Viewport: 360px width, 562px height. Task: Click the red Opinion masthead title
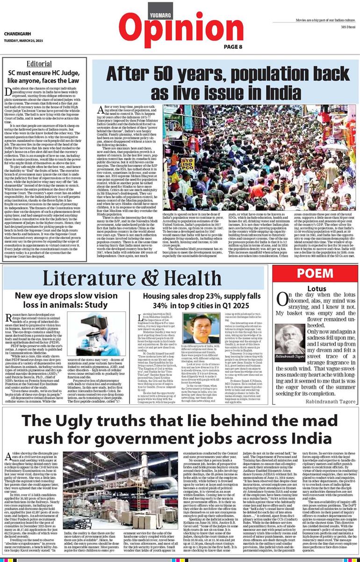tap(180, 28)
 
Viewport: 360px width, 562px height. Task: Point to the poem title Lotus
tap(310, 289)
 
